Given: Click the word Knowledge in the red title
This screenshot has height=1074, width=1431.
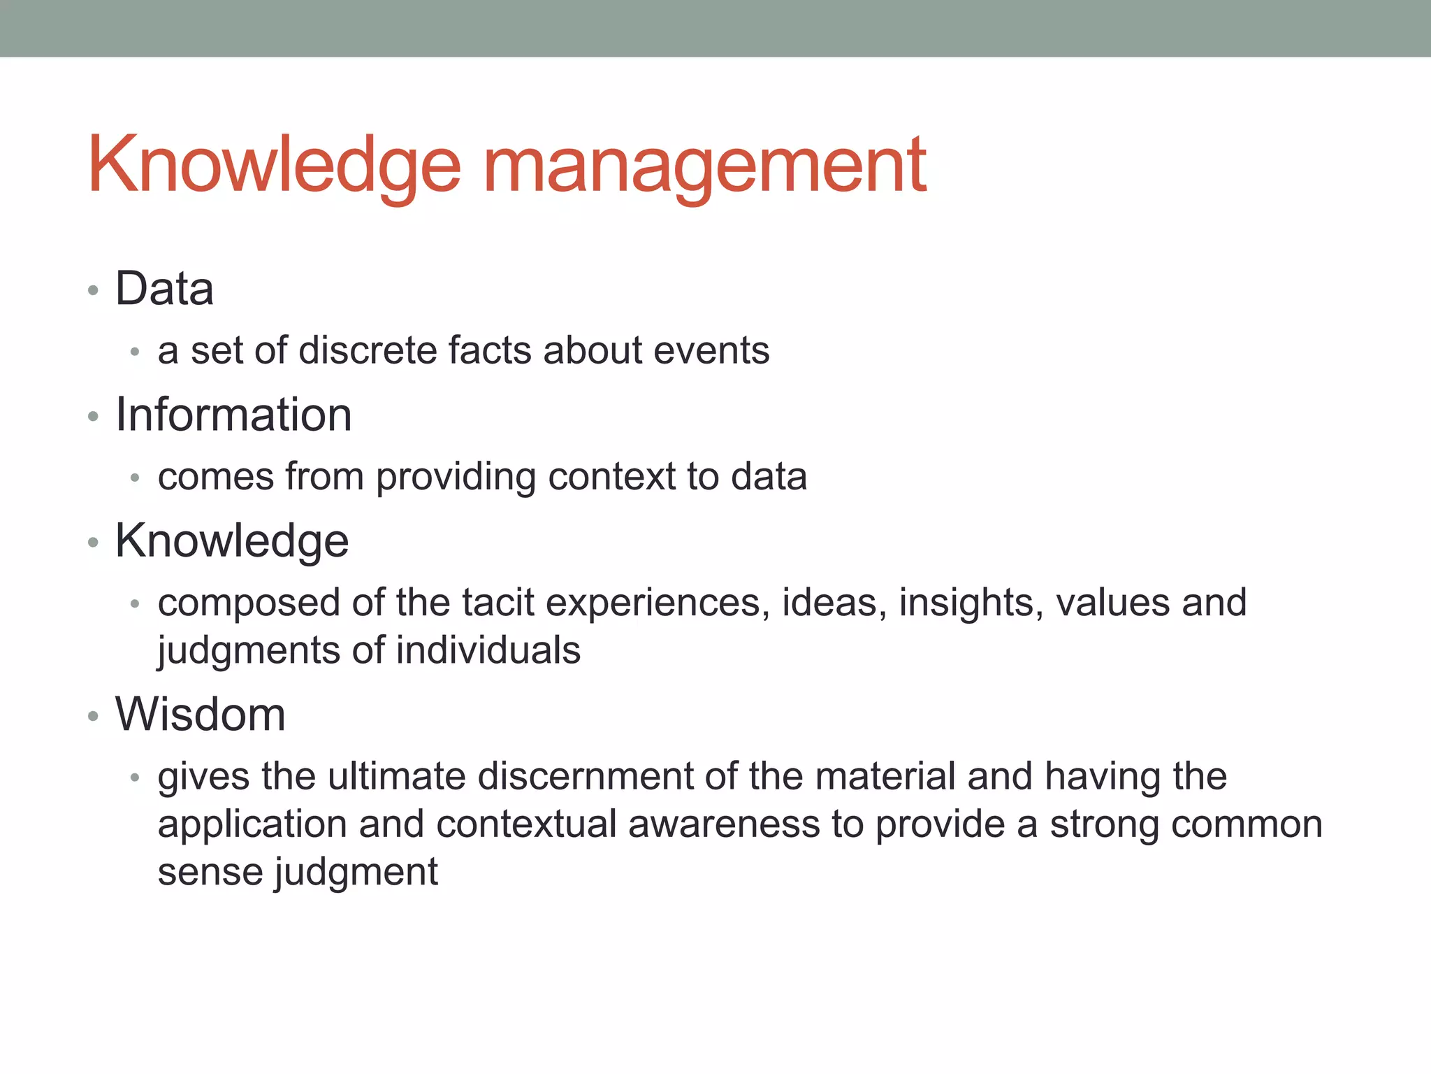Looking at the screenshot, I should tap(274, 166).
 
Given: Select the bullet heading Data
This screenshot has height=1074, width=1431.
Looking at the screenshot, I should tap(164, 288).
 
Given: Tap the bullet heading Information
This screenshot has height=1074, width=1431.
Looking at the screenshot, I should tap(233, 415).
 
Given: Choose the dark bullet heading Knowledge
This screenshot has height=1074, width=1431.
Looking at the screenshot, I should tap(232, 541).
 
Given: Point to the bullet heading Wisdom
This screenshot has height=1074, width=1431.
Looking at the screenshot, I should tap(201, 715).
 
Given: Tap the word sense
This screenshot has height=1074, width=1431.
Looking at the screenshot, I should tap(210, 872).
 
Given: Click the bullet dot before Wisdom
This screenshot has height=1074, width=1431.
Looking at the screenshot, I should tap(94, 717).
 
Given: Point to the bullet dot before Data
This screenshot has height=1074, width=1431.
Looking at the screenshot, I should tap(94, 290).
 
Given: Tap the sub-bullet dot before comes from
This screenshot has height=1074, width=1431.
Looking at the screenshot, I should tap(136, 479).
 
